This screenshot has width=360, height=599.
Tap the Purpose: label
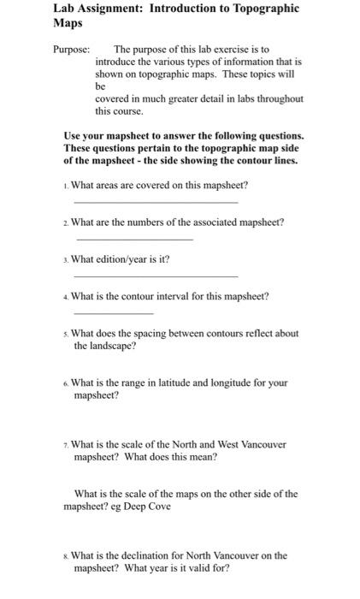coord(70,50)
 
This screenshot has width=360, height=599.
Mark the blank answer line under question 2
coord(134,240)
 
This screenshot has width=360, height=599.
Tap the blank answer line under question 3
coord(156,276)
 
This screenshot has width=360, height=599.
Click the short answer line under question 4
coord(102,313)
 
